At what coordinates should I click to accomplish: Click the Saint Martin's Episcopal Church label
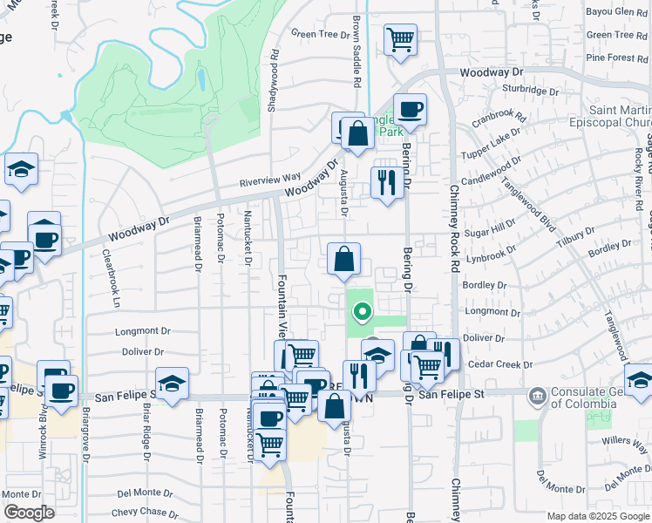point(615,117)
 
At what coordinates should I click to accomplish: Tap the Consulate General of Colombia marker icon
point(537,395)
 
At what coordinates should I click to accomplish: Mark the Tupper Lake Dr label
point(490,142)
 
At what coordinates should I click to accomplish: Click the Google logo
point(29,513)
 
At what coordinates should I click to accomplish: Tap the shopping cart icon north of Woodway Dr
point(400,40)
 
